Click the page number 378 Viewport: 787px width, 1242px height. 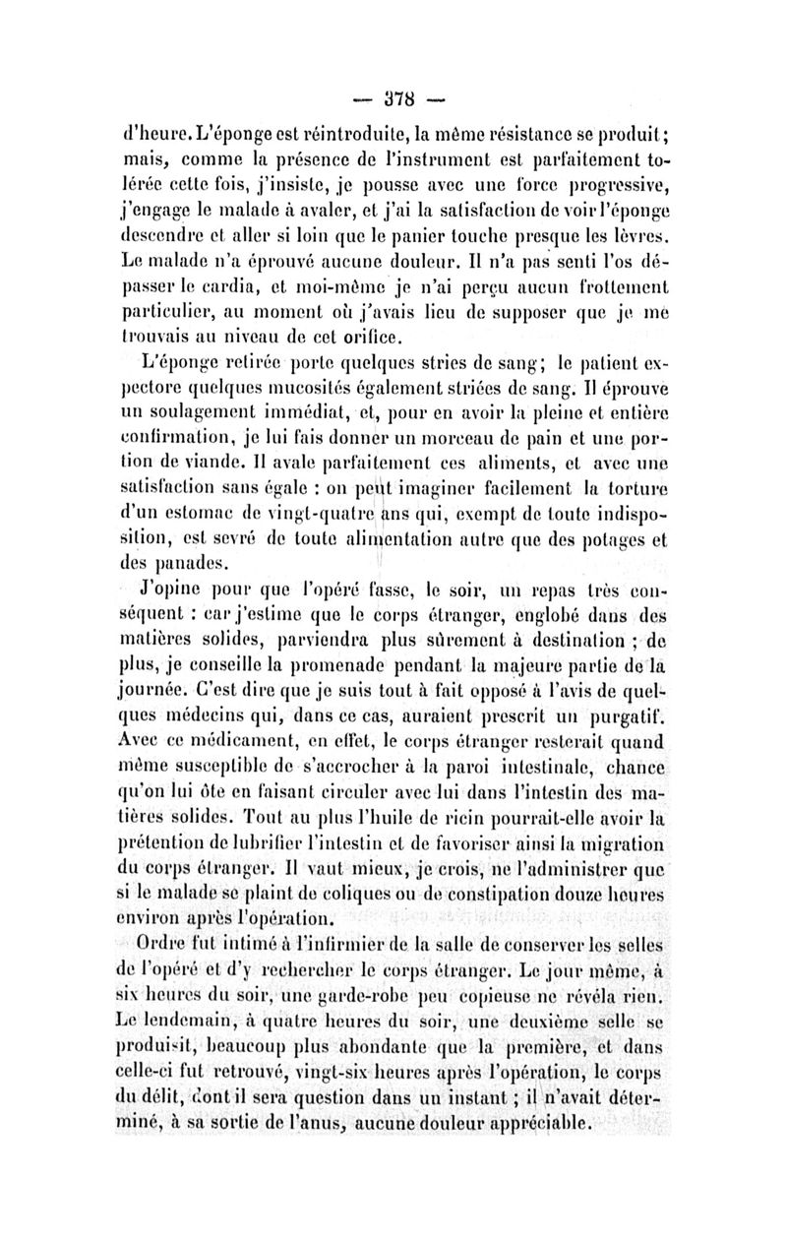point(393,99)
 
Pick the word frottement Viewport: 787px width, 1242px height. point(615,290)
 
